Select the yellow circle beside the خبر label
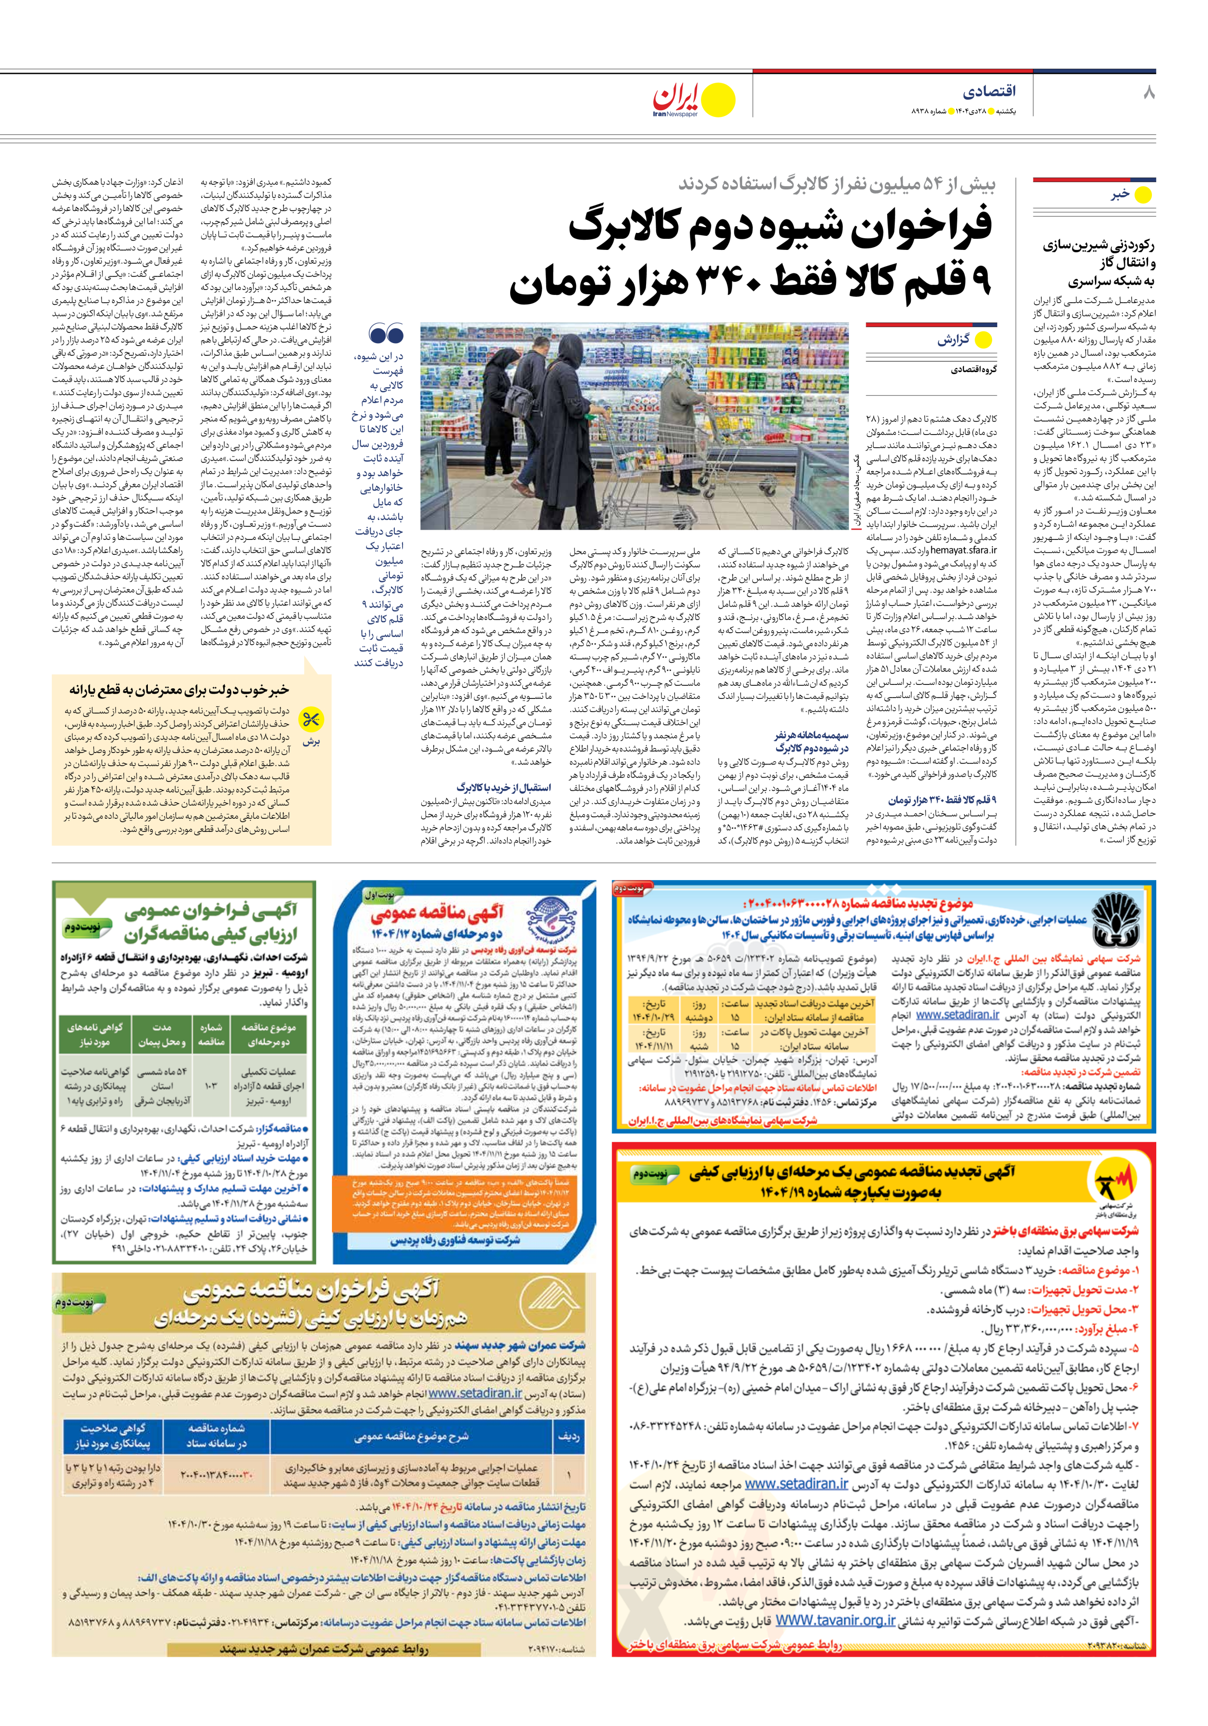pyautogui.click(x=1143, y=195)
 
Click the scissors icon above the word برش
pyautogui.click(x=311, y=720)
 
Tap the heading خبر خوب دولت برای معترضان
pyautogui.click(x=180, y=689)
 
